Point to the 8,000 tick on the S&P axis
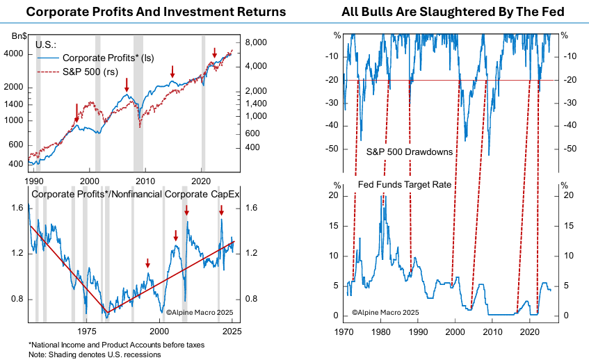click(258, 42)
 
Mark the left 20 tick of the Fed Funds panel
click(337, 196)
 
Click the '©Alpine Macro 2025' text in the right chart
click(384, 313)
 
